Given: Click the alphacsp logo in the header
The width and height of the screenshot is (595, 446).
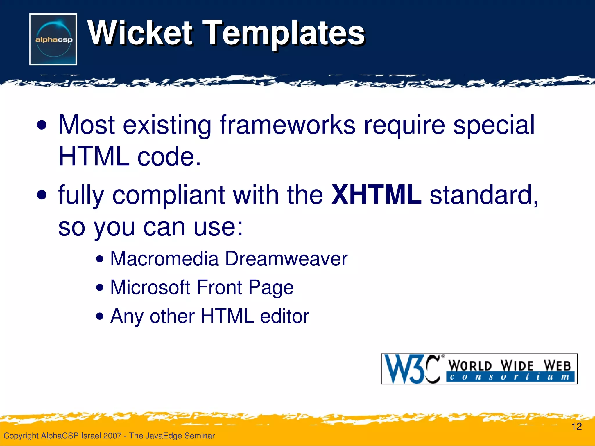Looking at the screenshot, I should click(x=53, y=39).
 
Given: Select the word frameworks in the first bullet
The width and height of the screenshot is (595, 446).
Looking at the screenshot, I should click(x=287, y=125).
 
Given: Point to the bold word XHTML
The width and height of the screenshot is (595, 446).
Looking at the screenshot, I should click(x=376, y=195).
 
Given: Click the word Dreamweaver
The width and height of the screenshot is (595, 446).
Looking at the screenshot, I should click(x=286, y=258).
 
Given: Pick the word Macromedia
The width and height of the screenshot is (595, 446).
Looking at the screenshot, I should click(x=164, y=258).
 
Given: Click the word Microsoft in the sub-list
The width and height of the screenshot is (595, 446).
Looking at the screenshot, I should click(x=150, y=287).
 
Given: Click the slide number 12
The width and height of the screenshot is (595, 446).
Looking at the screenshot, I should click(x=576, y=427).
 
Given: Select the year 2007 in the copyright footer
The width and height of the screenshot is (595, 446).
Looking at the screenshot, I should click(x=112, y=436).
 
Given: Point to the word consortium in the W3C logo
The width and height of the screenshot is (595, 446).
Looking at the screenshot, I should click(x=510, y=377).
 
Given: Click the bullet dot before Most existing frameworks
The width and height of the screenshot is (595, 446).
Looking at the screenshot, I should click(x=42, y=126).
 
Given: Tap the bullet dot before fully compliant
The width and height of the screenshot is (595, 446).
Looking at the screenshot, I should click(x=42, y=195).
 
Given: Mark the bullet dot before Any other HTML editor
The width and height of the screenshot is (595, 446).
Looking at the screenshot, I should click(x=100, y=316).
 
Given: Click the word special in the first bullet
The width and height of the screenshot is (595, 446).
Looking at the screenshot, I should click(x=494, y=125).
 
